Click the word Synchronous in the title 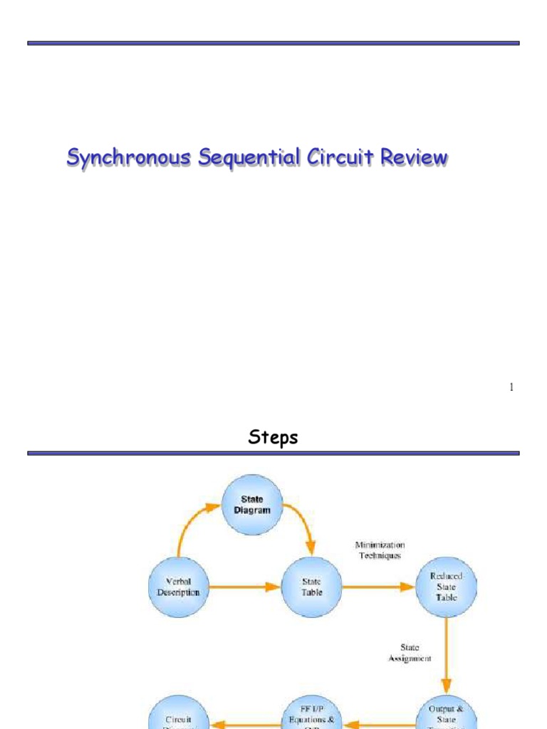tap(128, 158)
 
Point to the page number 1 tap(511, 387)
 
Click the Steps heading tap(273, 438)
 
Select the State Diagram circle tap(252, 505)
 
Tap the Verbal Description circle tap(179, 587)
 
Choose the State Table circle tap(311, 587)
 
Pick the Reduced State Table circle tap(447, 587)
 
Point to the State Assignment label tap(410, 654)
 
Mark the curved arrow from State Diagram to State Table tap(303, 527)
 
